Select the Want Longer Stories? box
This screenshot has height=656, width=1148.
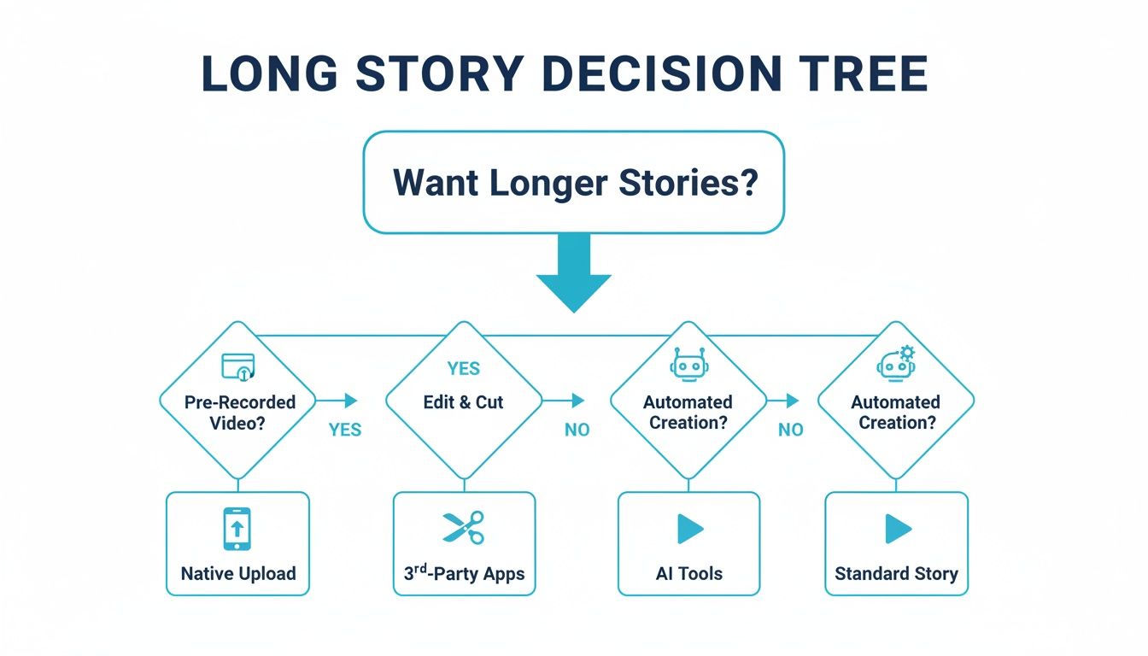coord(573,183)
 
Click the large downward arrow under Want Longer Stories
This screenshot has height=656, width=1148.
coord(573,273)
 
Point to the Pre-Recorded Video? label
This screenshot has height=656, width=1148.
coord(239,412)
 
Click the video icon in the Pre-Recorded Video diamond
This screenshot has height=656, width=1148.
coord(238,366)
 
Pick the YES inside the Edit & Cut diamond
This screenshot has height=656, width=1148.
coord(463,369)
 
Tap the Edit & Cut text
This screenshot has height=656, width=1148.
coord(463,402)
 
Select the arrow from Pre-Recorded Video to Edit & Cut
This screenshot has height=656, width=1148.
coord(337,400)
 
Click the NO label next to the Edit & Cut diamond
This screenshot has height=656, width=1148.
coord(577,430)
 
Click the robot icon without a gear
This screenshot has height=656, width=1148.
coord(688,365)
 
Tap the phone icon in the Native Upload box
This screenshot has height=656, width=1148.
coord(237,529)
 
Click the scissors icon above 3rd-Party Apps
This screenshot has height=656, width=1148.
coord(463,528)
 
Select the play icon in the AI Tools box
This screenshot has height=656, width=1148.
coord(689,530)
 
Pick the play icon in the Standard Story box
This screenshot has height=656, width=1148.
coord(897,530)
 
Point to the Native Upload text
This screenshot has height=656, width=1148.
coord(238,573)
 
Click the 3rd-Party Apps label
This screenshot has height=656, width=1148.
coord(465,573)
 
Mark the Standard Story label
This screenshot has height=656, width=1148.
coord(896,573)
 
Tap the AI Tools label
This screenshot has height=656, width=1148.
coord(688,573)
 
